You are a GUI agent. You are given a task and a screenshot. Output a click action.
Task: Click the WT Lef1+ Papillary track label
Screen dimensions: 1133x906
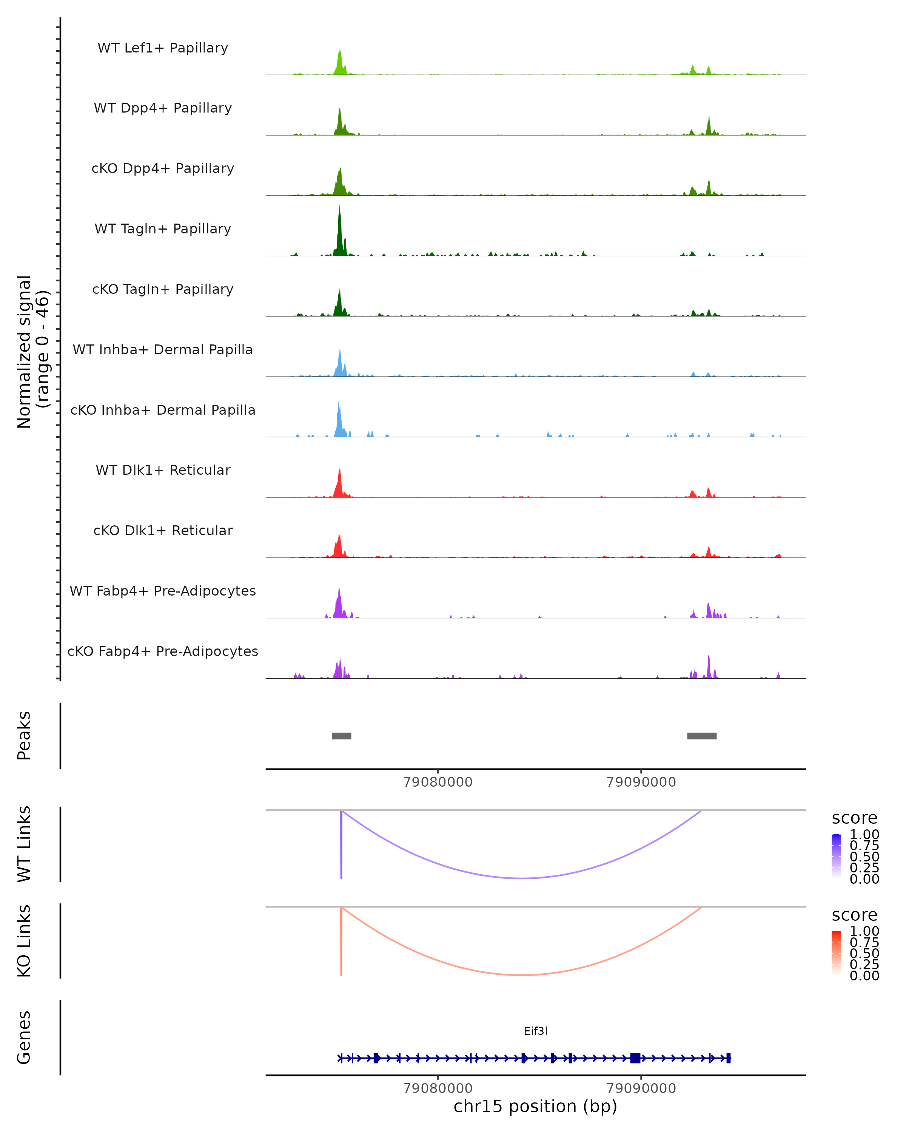pyautogui.click(x=163, y=48)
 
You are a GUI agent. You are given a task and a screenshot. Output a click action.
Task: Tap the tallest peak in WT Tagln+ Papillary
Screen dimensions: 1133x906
pyautogui.click(x=340, y=231)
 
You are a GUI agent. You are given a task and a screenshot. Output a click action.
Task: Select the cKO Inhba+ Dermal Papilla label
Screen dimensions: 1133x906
pyautogui.click(x=163, y=410)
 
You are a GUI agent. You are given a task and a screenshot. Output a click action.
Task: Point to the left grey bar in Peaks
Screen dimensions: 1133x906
pyautogui.click(x=341, y=736)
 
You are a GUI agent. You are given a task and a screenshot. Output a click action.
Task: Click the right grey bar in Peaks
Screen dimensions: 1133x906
pyautogui.click(x=702, y=736)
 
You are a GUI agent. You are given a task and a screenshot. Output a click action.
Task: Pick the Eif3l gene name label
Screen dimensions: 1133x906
pyautogui.click(x=535, y=1031)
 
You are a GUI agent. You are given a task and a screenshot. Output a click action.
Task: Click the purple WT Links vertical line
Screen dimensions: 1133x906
pyautogui.click(x=341, y=846)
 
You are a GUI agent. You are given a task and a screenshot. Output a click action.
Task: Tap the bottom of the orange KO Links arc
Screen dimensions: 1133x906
pyautogui.click(x=521, y=975)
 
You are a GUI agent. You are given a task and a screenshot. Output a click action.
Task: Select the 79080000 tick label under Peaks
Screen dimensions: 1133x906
pyautogui.click(x=438, y=782)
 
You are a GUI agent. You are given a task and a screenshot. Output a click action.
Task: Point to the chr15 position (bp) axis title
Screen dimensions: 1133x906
pyautogui.click(x=535, y=1106)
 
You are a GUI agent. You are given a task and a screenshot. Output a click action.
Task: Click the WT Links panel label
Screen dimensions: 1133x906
pyautogui.click(x=24, y=844)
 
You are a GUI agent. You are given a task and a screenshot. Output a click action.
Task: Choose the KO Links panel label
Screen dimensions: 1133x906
pyautogui.click(x=24, y=941)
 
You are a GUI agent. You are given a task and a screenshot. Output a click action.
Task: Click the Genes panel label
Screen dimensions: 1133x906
pyautogui.click(x=24, y=1037)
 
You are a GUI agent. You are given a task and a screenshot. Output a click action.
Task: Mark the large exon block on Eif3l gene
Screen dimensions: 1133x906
pyautogui.click(x=635, y=1058)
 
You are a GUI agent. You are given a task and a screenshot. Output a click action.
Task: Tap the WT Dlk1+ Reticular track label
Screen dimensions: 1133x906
pyautogui.click(x=163, y=470)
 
